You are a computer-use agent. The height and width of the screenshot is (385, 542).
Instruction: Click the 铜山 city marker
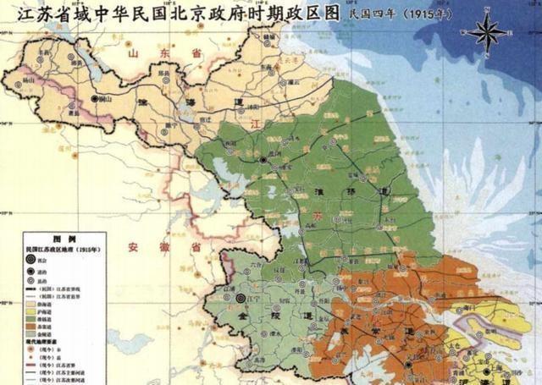(94, 100)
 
